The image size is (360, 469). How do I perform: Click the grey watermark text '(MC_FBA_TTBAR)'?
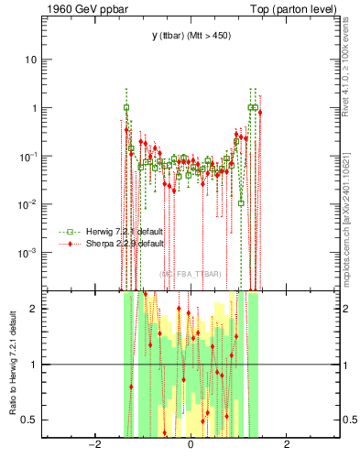[x=190, y=273]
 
